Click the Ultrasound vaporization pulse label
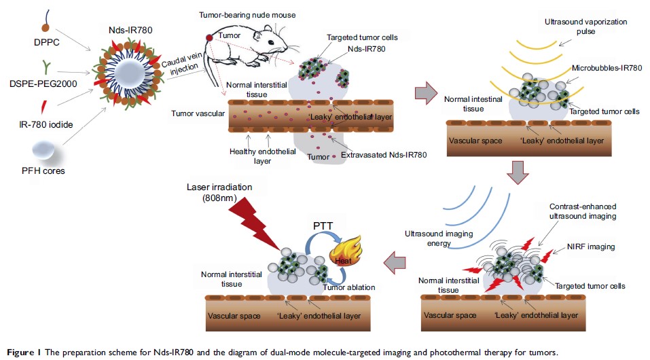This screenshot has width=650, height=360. pos(579,28)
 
